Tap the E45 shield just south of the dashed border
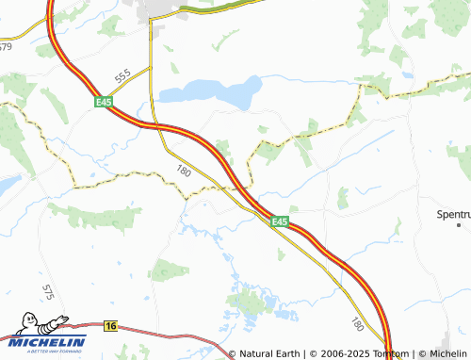coord(279,221)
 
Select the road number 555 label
coord(122,76)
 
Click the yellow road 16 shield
coord(111,325)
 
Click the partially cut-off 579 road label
coord(6,46)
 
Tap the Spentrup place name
coord(453,214)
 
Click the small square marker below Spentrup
coord(459,226)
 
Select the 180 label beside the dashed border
coord(184,170)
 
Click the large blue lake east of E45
coord(212,91)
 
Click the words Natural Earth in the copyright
coord(271,354)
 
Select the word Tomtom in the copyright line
coord(389,354)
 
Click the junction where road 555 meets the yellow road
coord(151,68)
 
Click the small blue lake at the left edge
coord(7,185)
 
